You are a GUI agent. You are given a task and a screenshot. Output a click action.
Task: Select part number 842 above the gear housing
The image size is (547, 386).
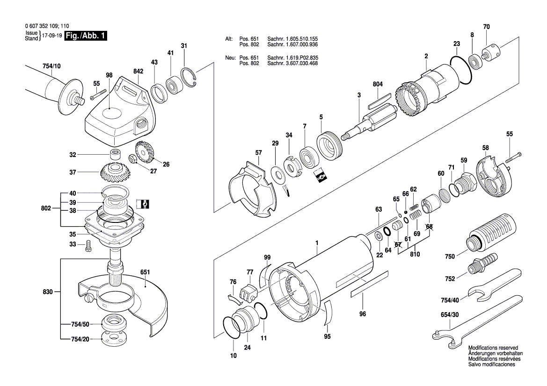pos(139,71)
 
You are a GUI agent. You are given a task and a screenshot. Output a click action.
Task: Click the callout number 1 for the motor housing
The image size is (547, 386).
pos(317,243)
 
